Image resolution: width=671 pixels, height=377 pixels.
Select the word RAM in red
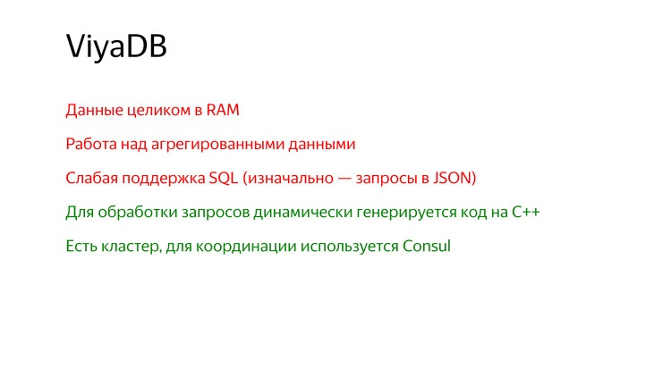pyautogui.click(x=224, y=111)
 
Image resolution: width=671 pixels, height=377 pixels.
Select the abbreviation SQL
pyautogui.click(x=224, y=178)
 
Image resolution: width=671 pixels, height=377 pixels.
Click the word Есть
pyautogui.click(x=81, y=246)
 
